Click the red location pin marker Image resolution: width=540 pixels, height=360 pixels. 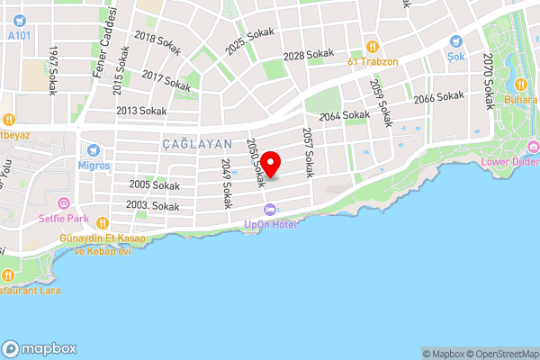pyautogui.click(x=271, y=163)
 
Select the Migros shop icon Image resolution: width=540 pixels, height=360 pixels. pyautogui.click(x=92, y=149)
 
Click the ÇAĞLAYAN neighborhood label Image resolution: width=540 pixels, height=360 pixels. pyautogui.click(x=197, y=144)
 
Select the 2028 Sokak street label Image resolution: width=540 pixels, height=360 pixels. pyautogui.click(x=309, y=56)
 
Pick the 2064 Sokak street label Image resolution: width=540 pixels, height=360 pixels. pyautogui.click(x=345, y=116)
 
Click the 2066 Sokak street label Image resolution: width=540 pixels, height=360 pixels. pyautogui.click(x=439, y=97)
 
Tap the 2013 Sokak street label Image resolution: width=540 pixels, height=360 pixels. pyautogui.click(x=142, y=111)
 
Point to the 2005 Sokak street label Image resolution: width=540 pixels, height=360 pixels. pyautogui.click(x=154, y=185)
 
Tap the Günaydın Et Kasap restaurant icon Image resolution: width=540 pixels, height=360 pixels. pyautogui.click(x=103, y=223)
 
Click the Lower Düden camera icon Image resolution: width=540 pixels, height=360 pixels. pyautogui.click(x=534, y=147)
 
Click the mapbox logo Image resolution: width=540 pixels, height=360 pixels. pyautogui.click(x=40, y=348)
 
